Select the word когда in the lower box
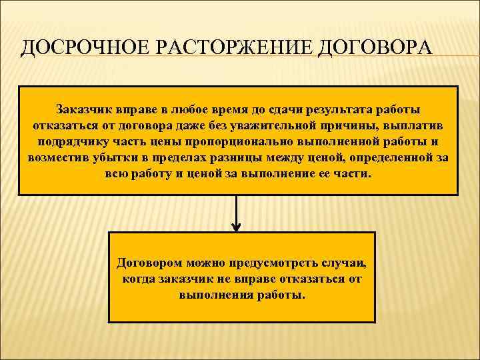[139, 279]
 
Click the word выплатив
[417, 125]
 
